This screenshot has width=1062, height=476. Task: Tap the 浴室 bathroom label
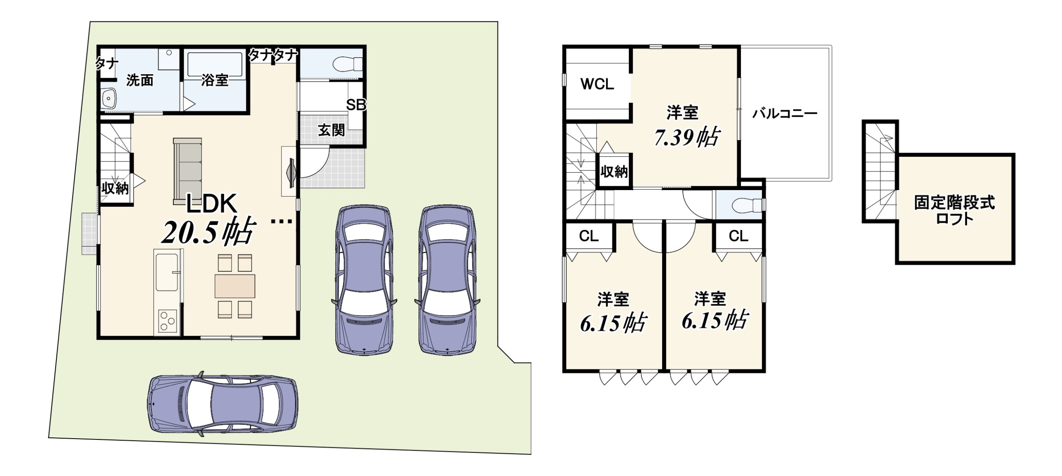(x=215, y=80)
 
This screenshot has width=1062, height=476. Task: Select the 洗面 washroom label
(x=140, y=80)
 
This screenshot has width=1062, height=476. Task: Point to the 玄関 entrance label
(x=331, y=130)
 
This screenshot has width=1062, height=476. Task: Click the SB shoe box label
(x=356, y=105)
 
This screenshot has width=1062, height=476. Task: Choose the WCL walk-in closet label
(x=597, y=84)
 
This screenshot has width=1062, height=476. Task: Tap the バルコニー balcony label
(x=784, y=113)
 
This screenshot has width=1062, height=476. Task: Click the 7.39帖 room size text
(x=687, y=137)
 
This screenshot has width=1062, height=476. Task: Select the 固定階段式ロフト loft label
(x=955, y=210)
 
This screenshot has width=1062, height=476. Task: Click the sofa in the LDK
(x=188, y=171)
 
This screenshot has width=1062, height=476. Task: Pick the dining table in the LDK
(x=235, y=286)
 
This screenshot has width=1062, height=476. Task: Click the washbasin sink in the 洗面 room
(x=109, y=99)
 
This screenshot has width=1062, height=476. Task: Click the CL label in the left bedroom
(x=589, y=236)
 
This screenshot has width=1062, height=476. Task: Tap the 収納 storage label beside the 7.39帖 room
(x=614, y=171)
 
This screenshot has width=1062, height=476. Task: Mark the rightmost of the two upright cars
(x=447, y=280)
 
